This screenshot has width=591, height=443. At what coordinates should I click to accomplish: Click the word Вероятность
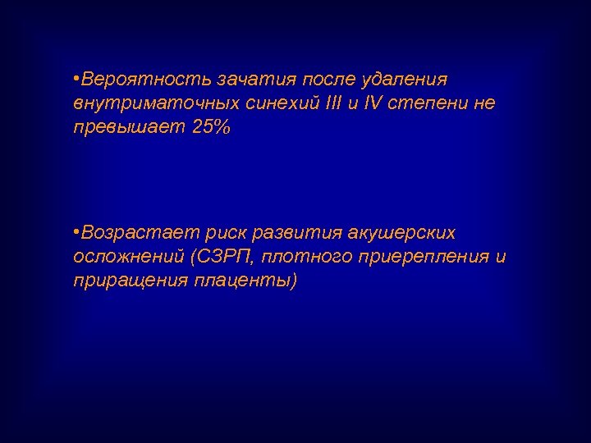[143, 80]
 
